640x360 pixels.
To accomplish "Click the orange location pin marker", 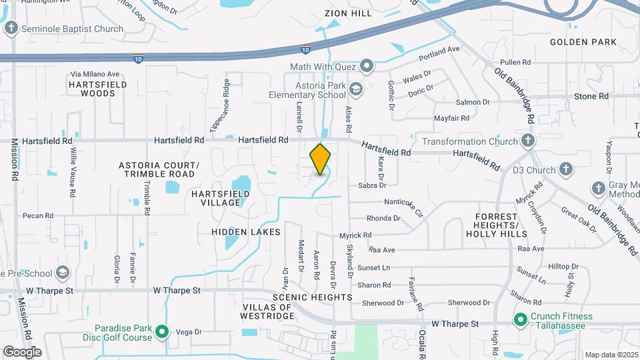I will (320, 159).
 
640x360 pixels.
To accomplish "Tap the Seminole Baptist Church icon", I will (11, 28).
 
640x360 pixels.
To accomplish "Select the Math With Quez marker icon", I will (366, 66).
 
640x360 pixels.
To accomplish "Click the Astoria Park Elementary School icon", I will (356, 89).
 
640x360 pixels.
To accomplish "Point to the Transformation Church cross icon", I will (528, 141).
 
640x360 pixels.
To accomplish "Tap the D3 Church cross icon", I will (566, 169).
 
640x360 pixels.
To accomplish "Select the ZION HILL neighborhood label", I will (347, 13).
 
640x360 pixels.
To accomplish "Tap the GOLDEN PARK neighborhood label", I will (583, 42).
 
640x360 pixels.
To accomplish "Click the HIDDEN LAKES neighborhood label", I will (246, 231).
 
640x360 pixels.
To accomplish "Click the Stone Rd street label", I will (591, 96).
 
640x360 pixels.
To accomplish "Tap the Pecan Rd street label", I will (37, 215).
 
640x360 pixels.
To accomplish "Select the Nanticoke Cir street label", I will (404, 201).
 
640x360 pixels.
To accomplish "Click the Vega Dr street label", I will (188, 331).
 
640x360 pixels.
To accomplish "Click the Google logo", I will (21, 351).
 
